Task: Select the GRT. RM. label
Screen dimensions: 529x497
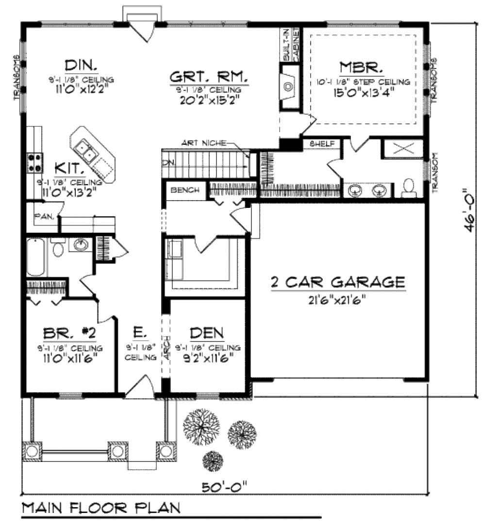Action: pyautogui.click(x=209, y=77)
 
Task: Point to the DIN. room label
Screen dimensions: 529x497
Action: pyautogui.click(x=81, y=65)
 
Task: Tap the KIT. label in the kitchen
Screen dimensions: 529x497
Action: pyautogui.click(x=70, y=169)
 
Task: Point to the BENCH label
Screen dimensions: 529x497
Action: pyautogui.click(x=184, y=190)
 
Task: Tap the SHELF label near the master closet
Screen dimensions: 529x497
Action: pyautogui.click(x=319, y=144)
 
